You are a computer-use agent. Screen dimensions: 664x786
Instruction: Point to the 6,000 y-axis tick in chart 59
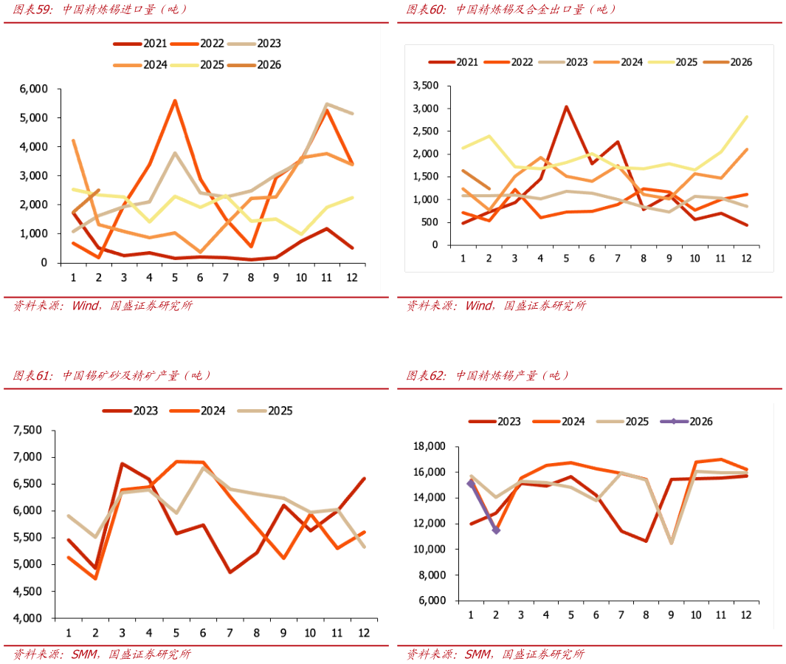pos(33,89)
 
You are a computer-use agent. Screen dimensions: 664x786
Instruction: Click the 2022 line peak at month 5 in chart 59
pos(175,100)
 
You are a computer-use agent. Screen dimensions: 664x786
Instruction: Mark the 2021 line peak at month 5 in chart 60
pos(566,106)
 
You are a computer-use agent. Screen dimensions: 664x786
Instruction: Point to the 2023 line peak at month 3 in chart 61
pos(122,464)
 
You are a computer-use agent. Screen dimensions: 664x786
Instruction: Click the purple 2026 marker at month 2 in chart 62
pos(496,530)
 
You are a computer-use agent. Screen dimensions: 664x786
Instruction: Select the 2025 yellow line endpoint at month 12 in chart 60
pos(747,117)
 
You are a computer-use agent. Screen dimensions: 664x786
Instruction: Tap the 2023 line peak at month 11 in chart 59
pos(326,104)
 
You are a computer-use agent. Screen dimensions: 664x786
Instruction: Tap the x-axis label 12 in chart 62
pos(747,615)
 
